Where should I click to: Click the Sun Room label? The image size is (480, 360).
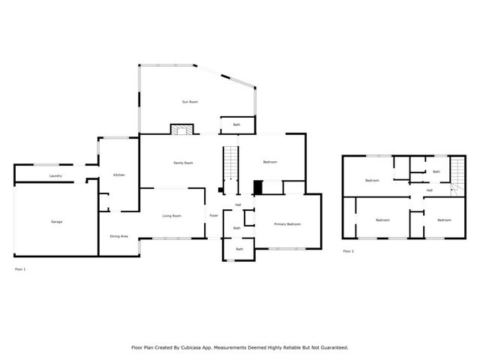[x=190, y=101]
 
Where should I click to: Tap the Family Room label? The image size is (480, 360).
[x=184, y=163]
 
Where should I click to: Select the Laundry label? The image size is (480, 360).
[x=55, y=176]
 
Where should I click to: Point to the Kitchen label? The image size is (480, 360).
[x=118, y=175]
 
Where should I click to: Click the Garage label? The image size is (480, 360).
[x=56, y=222]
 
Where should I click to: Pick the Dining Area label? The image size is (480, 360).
[x=118, y=236]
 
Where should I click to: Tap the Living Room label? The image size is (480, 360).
[x=172, y=216]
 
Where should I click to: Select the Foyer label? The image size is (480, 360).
[x=214, y=216]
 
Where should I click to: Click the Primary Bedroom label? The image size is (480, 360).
[x=287, y=224]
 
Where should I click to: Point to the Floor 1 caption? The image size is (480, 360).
[x=20, y=268]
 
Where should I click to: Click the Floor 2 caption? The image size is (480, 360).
[x=348, y=251]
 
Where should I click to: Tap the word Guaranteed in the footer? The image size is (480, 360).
[x=331, y=348]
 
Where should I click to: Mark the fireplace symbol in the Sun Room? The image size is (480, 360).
[x=181, y=130]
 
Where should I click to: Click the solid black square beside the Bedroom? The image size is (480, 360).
[x=259, y=187]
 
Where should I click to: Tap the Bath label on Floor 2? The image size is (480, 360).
[x=436, y=172]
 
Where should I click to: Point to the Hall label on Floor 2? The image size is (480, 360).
[x=430, y=190]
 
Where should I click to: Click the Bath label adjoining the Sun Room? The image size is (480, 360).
[x=236, y=124]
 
